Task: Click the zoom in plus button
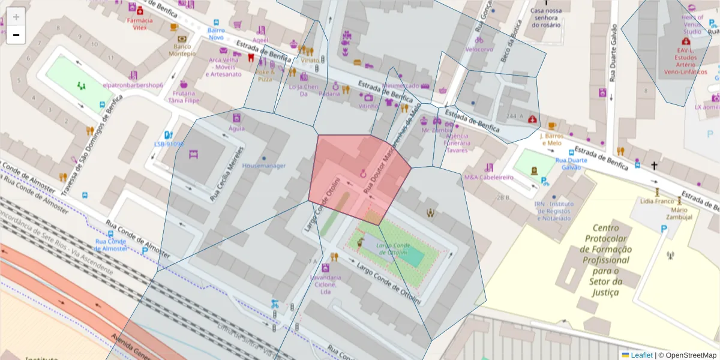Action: pyautogui.click(x=16, y=17)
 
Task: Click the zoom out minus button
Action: pyautogui.click(x=16, y=35)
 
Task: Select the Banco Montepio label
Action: pyautogui.click(x=182, y=50)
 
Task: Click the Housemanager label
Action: pyautogui.click(x=264, y=166)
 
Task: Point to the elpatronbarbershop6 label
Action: pyautogui.click(x=133, y=85)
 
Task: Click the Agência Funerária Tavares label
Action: pyautogui.click(x=457, y=143)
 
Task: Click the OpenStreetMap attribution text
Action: pyautogui.click(x=687, y=355)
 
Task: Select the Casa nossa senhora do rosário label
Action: pyautogui.click(x=545, y=17)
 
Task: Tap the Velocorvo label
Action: pyautogui.click(x=479, y=49)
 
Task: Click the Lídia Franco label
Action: pyautogui.click(x=657, y=202)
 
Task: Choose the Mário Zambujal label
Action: pyautogui.click(x=679, y=213)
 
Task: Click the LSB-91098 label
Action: pyautogui.click(x=169, y=144)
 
